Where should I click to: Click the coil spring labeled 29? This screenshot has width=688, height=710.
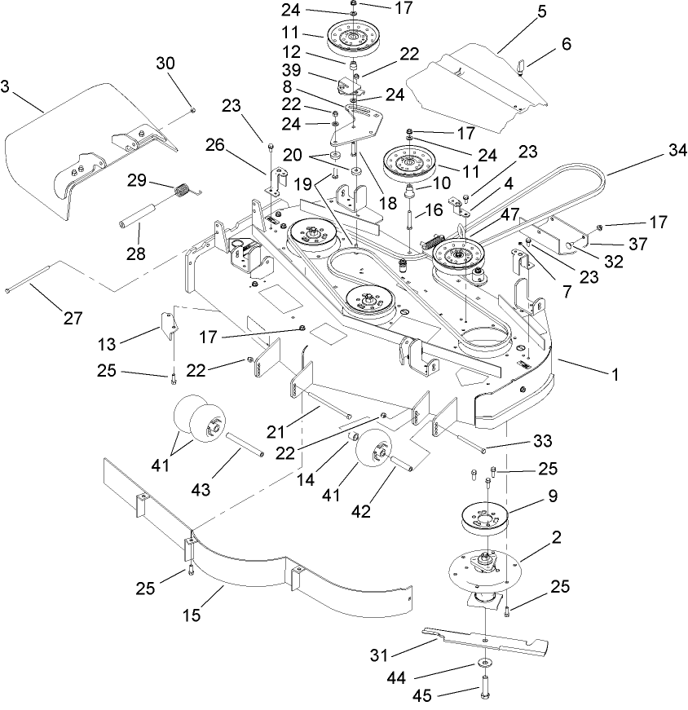coord(186,192)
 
